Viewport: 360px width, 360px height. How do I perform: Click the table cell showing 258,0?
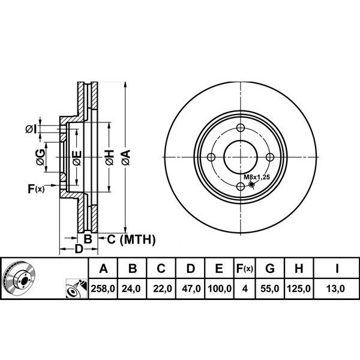pyautogui.click(x=103, y=289)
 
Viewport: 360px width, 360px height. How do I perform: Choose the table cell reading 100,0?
pyautogui.click(x=220, y=289)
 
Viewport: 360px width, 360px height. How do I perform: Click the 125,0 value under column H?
pyautogui.click(x=299, y=289)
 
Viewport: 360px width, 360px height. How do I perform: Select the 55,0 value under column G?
pyautogui.click(x=270, y=289)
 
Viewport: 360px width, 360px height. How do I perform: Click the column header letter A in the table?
pyautogui.click(x=103, y=268)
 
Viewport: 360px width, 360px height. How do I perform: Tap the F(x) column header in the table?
pyautogui.click(x=245, y=268)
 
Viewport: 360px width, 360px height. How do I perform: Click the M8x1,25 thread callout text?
pyautogui.click(x=256, y=177)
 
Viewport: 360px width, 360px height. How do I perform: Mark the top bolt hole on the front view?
pyautogui.click(x=241, y=128)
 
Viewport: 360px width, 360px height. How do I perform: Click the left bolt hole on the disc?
pyautogui.click(x=211, y=157)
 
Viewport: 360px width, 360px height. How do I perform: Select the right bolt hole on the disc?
pyautogui.click(x=270, y=157)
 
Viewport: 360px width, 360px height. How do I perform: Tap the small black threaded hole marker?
pyautogui.click(x=252, y=184)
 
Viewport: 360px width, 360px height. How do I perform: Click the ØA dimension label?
pyautogui.click(x=126, y=157)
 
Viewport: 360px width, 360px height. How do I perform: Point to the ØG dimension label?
pyautogui.click(x=41, y=157)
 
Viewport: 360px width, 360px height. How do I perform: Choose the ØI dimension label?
pyautogui.click(x=31, y=129)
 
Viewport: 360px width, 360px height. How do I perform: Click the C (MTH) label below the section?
pyautogui.click(x=131, y=239)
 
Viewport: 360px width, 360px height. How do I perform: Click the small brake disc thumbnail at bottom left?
pyautogui.click(x=19, y=278)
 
